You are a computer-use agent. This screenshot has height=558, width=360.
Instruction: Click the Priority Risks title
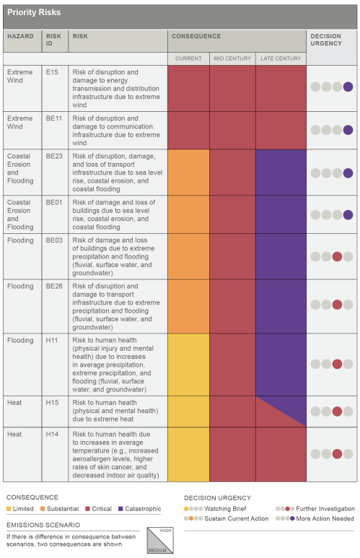click(34, 12)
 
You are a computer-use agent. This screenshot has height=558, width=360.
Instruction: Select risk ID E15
click(52, 73)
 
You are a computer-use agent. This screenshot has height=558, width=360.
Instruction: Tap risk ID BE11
click(53, 118)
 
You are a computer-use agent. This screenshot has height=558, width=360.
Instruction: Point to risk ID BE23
click(54, 157)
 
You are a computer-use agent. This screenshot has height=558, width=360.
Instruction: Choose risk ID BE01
click(54, 203)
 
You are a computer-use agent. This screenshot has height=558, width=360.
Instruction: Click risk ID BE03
click(54, 240)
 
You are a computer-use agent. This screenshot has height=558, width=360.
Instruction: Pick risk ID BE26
click(54, 286)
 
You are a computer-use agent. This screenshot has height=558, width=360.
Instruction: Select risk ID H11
click(51, 340)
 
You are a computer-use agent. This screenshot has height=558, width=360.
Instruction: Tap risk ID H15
click(51, 402)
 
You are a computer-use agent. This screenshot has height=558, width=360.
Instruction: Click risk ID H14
click(51, 435)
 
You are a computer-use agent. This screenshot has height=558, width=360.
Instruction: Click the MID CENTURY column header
click(232, 58)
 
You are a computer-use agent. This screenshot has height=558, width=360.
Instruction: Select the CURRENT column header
click(188, 58)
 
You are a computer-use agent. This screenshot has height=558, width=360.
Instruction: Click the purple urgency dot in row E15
click(348, 87)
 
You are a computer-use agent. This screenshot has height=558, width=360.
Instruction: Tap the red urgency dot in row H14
click(337, 454)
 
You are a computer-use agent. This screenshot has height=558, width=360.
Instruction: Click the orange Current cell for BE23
click(188, 172)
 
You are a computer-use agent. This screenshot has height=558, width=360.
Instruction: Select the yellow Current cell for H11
click(188, 364)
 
